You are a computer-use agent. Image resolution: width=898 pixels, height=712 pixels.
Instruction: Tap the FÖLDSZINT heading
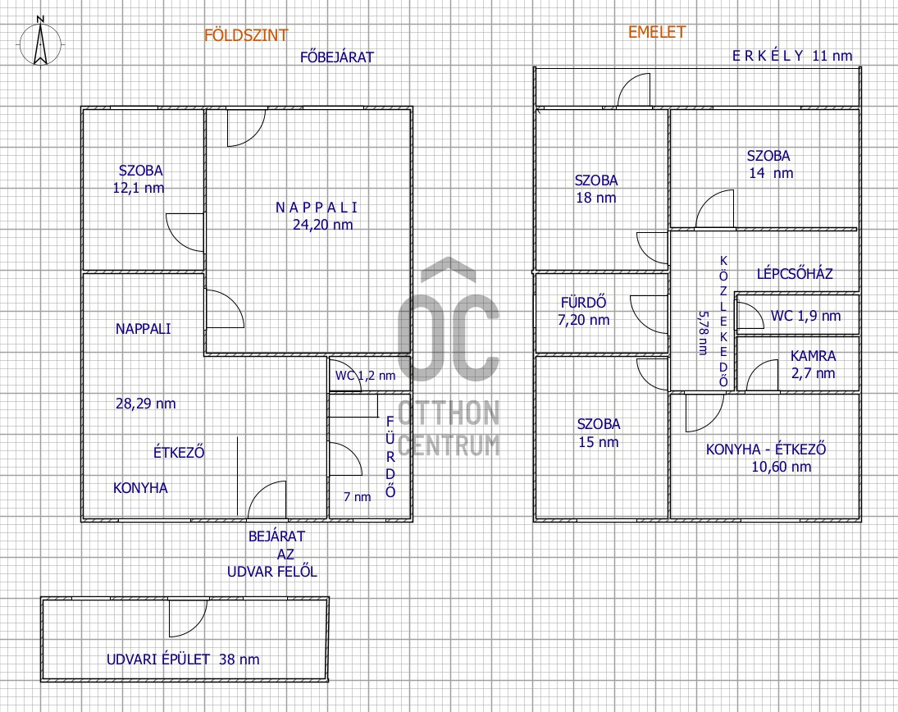tap(246, 35)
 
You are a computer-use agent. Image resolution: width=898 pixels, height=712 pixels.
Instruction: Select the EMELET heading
tap(657, 32)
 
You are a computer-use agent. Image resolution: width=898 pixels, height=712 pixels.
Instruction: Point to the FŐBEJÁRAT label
tap(337, 57)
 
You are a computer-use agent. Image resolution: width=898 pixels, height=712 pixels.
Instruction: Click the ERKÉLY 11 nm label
tap(793, 56)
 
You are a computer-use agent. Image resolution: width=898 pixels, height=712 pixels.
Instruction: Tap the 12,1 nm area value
tap(139, 188)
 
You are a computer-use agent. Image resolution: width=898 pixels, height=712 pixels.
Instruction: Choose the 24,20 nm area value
tap(323, 225)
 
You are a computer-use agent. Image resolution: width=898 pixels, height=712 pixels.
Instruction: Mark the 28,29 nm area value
tap(145, 404)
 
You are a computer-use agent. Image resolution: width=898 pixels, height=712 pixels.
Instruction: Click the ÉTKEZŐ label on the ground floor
tap(179, 452)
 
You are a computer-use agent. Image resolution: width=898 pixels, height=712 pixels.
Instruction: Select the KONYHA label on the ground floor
tap(140, 488)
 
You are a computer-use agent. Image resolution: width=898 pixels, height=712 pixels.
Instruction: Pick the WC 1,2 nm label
tap(366, 376)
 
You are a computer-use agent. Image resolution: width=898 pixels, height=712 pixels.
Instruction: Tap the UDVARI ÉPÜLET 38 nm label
tap(183, 660)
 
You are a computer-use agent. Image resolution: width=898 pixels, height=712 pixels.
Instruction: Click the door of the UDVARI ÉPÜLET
tap(188, 618)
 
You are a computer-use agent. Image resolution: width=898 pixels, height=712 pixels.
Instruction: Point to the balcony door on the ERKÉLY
tap(634, 90)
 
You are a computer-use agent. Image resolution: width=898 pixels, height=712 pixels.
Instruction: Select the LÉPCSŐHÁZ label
tap(795, 273)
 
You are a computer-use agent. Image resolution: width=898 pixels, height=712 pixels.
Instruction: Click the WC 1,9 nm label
tap(806, 316)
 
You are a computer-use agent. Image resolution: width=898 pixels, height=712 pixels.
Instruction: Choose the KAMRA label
tap(814, 356)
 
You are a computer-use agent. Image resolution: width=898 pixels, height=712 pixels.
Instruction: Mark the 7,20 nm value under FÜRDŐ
tap(584, 320)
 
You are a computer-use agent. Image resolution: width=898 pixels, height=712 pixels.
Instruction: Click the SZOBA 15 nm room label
tap(599, 433)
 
